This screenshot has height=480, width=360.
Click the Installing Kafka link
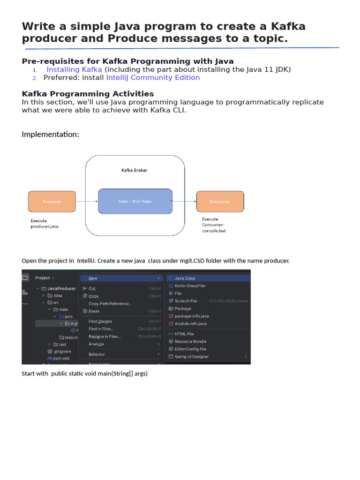74,69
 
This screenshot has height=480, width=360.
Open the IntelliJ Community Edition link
153,77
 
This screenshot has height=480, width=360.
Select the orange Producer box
52,201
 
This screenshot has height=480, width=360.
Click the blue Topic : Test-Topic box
135,201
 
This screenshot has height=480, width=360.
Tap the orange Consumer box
220,201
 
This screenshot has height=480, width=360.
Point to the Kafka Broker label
134,170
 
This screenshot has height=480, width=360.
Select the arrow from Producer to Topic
86,202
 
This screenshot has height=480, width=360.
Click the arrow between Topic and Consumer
184,201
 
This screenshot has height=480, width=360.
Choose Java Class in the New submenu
185,278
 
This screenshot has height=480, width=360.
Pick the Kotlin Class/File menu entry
189,285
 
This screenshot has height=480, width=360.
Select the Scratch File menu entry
186,301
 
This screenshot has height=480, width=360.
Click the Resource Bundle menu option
190,341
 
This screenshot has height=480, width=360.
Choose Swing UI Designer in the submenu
192,357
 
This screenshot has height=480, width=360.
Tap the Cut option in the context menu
92,289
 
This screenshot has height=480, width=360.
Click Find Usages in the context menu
100,321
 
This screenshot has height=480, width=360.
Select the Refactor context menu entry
97,354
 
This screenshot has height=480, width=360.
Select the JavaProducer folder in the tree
61,289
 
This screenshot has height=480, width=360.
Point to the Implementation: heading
51,135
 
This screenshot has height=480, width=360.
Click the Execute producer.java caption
45,224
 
